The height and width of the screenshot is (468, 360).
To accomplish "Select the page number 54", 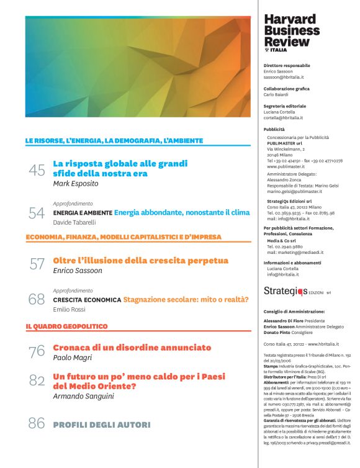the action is (x=37, y=213).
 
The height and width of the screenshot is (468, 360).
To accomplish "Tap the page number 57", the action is (x=37, y=264).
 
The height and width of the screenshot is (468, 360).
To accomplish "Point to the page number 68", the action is (x=37, y=300).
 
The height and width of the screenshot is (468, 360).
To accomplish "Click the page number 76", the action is (x=37, y=351).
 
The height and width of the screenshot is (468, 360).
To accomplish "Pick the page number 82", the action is (x=37, y=380).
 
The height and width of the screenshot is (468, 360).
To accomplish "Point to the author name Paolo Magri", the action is (x=73, y=359).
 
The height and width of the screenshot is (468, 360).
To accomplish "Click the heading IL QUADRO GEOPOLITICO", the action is (x=66, y=326).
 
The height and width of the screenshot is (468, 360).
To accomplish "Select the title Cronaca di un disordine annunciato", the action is (x=132, y=348).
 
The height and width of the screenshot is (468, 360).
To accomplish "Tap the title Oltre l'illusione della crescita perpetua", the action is (x=141, y=260).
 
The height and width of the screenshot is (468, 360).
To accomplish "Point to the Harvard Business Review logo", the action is (x=292, y=31).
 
